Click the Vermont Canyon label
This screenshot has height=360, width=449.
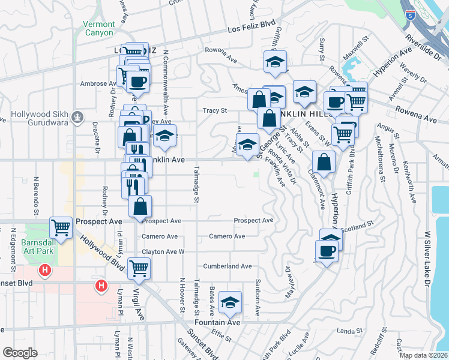point(98,28)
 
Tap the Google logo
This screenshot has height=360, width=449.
point(20,353)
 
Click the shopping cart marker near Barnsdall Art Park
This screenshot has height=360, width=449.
point(61,227)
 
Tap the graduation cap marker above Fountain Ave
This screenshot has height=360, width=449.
point(230,303)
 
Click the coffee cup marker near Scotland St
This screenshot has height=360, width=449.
point(327,250)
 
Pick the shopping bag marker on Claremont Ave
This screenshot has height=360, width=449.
point(324,161)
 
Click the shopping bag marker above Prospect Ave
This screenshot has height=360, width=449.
point(140,206)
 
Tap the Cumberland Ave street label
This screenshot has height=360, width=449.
point(227,266)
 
